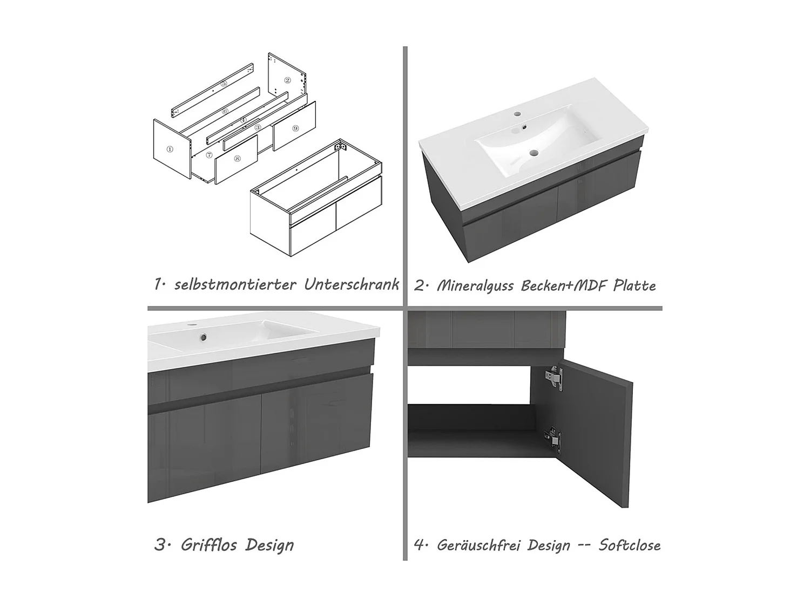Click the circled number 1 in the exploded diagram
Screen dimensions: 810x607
pyautogui.click(x=170, y=149)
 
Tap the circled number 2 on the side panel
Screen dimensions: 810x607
pyautogui.click(x=287, y=80)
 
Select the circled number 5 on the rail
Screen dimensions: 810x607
pyautogui.click(x=224, y=84)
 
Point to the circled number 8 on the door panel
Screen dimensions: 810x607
pyautogui.click(x=237, y=159)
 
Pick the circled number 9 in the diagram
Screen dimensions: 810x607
pyautogui.click(x=295, y=128)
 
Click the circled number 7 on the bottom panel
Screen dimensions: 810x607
pyautogui.click(x=209, y=155)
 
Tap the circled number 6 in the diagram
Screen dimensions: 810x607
pyautogui.click(x=226, y=111)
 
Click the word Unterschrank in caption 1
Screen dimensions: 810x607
pyautogui.click(x=352, y=284)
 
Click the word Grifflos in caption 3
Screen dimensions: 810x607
pyautogui.click(x=209, y=545)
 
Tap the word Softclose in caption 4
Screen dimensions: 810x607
pyautogui.click(x=630, y=545)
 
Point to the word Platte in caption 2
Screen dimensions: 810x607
pyautogui.click(x=634, y=285)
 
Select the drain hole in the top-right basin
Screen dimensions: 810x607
pyautogui.click(x=533, y=152)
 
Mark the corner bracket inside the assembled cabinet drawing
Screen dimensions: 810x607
pyautogui.click(x=341, y=146)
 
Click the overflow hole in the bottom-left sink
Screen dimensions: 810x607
pyautogui.click(x=202, y=337)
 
